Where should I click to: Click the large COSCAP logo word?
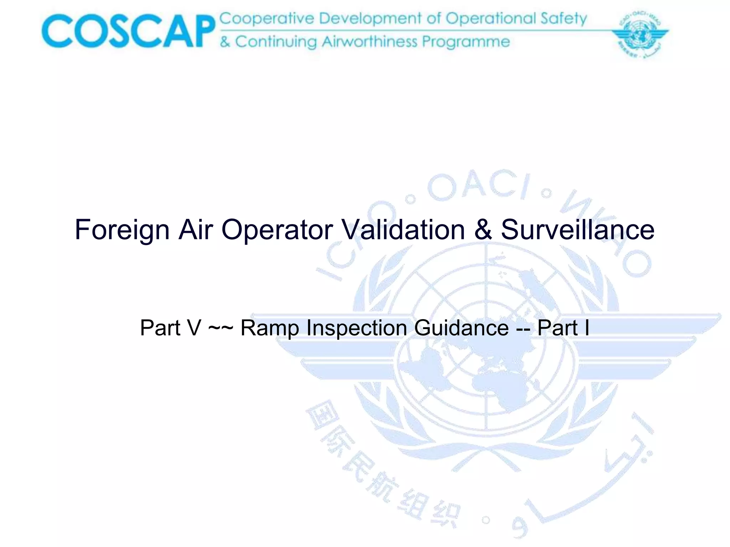128,31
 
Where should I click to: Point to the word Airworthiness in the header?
370,42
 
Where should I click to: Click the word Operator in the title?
277,230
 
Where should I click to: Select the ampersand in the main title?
483,230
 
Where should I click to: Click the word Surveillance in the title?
577,230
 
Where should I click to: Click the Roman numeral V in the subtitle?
194,328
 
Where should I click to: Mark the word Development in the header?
370,19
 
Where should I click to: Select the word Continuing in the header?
276,42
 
